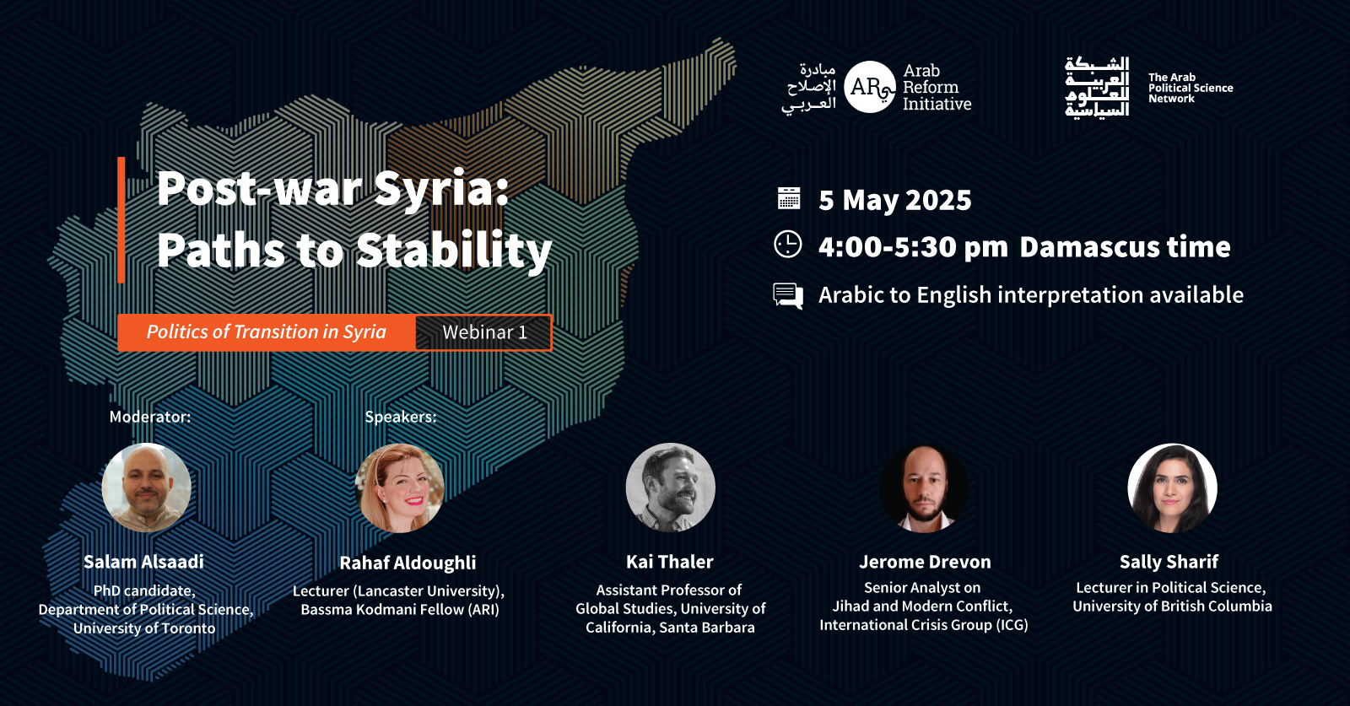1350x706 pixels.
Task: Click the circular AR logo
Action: click(x=870, y=87)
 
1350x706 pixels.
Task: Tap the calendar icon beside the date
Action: click(x=788, y=198)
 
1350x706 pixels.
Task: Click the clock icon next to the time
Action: click(x=788, y=245)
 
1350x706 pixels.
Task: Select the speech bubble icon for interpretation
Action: click(x=788, y=296)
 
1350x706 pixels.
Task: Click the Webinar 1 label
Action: click(x=484, y=332)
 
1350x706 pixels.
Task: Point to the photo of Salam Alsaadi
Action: click(x=147, y=488)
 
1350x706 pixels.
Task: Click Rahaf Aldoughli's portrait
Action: click(x=400, y=488)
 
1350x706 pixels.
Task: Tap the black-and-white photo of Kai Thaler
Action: click(x=670, y=488)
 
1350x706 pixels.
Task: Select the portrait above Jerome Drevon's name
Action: click(x=924, y=488)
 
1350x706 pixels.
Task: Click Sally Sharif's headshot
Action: click(x=1172, y=488)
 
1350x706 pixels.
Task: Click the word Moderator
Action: click(x=148, y=417)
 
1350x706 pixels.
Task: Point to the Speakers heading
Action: click(x=400, y=417)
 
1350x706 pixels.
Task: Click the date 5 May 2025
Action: click(x=895, y=200)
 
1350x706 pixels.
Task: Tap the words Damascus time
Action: click(x=1126, y=247)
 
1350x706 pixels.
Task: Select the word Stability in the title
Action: click(x=454, y=250)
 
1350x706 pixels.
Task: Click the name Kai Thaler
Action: click(x=670, y=562)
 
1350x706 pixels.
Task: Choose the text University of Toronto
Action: click(x=144, y=628)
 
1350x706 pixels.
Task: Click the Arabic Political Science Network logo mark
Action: click(x=1096, y=87)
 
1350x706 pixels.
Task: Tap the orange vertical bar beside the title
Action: click(x=121, y=220)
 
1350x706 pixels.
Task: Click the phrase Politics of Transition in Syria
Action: click(x=267, y=332)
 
